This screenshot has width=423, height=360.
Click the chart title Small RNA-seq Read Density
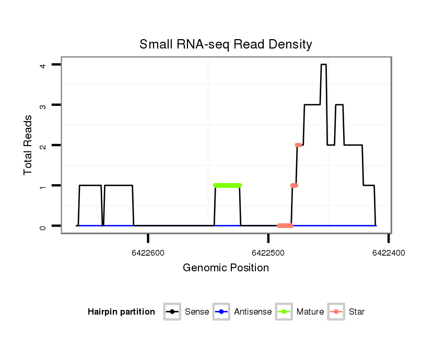point(226,44)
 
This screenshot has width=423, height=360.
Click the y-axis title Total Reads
point(28,145)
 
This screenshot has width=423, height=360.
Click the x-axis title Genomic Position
point(226,268)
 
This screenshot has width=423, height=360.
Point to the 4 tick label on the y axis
point(44,65)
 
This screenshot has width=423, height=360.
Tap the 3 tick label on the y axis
point(44,105)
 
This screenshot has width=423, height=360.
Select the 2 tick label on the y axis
point(44,145)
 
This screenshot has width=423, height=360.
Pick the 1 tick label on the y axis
point(44,186)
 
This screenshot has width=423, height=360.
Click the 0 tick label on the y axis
point(44,226)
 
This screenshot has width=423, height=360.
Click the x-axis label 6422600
point(148,253)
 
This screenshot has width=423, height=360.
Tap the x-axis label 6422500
point(268,253)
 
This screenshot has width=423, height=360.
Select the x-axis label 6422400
point(389,253)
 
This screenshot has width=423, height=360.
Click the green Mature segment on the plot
point(228,185)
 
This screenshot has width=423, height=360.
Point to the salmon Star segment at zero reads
point(285,226)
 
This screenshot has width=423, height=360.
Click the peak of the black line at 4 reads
point(324,65)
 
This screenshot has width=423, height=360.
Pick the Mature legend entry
point(300,312)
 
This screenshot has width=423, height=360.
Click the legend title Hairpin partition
point(121,312)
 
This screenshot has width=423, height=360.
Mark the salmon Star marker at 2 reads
point(298,145)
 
